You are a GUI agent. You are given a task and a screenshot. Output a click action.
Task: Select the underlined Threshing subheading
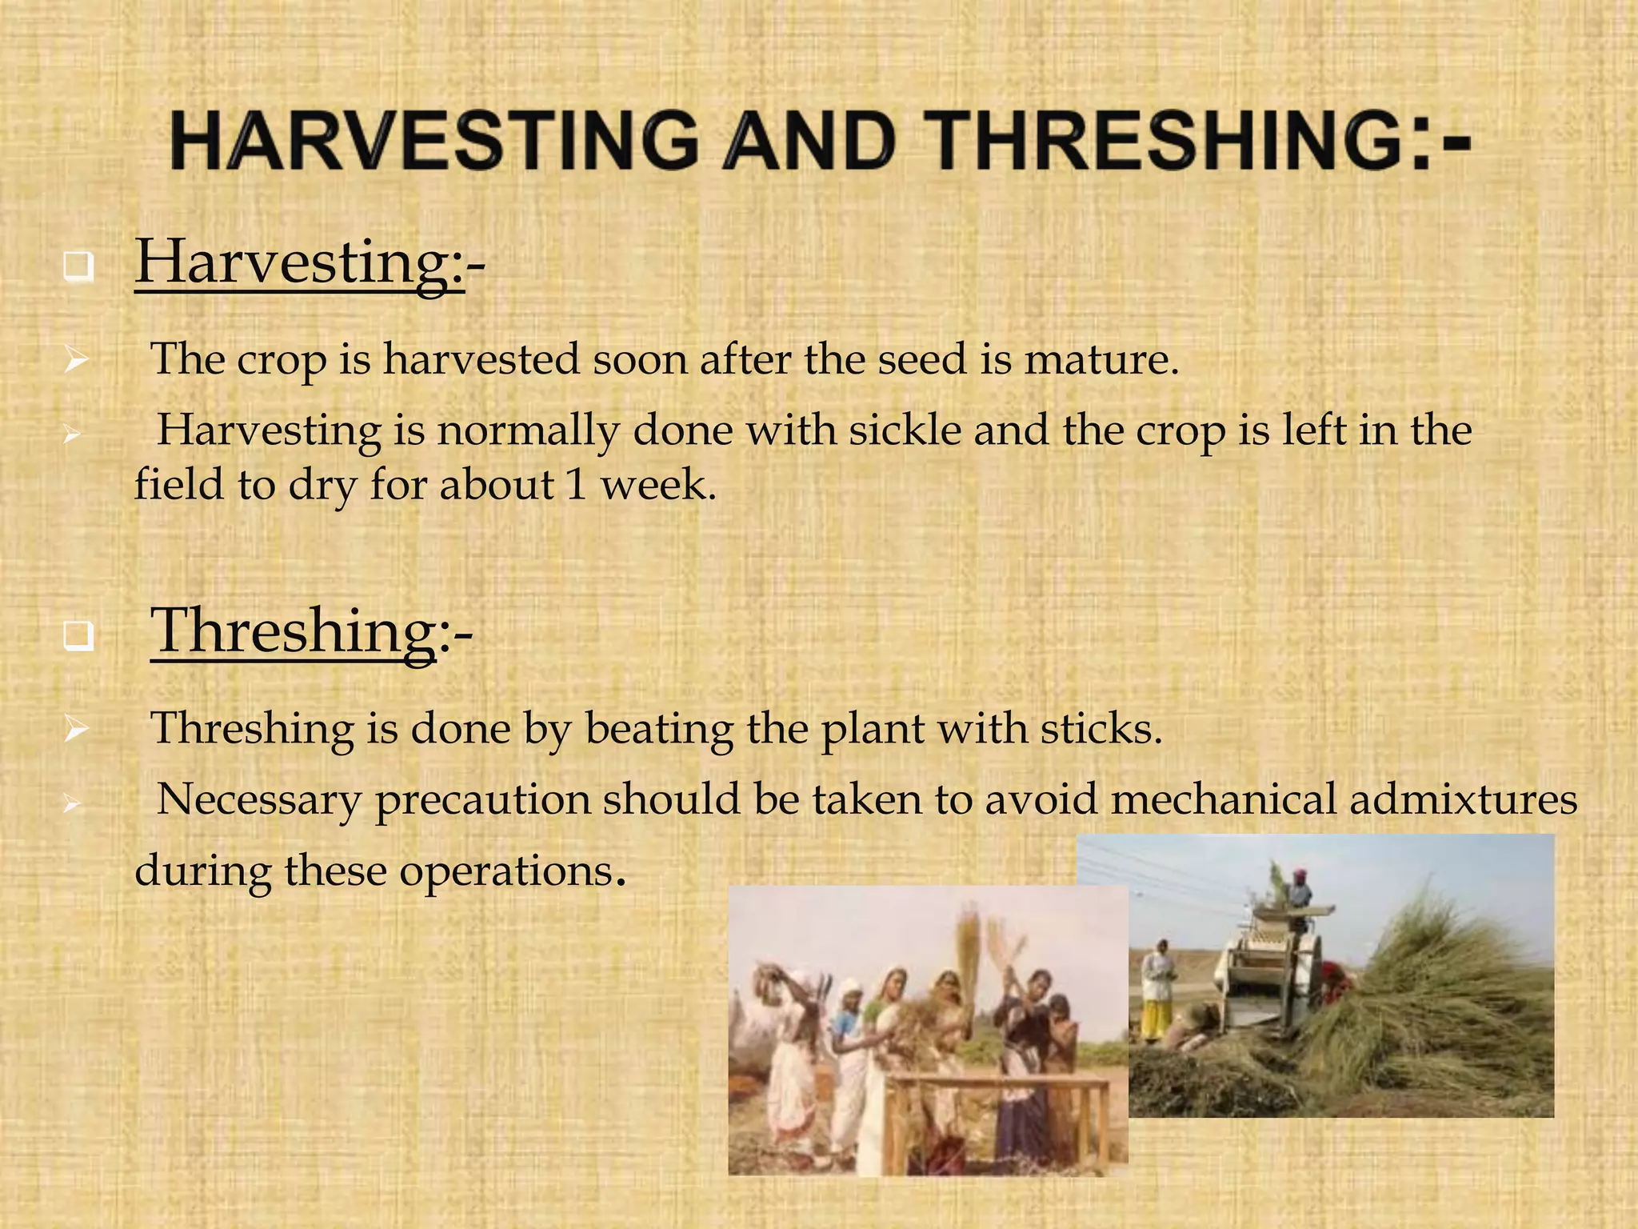(x=294, y=631)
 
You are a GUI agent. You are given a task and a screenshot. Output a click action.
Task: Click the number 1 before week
(x=576, y=485)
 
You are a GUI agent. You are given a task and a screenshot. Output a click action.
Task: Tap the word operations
(x=504, y=871)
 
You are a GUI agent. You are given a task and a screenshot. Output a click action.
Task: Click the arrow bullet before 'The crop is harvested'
(x=76, y=361)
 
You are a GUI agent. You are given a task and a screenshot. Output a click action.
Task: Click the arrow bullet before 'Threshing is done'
(x=76, y=730)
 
